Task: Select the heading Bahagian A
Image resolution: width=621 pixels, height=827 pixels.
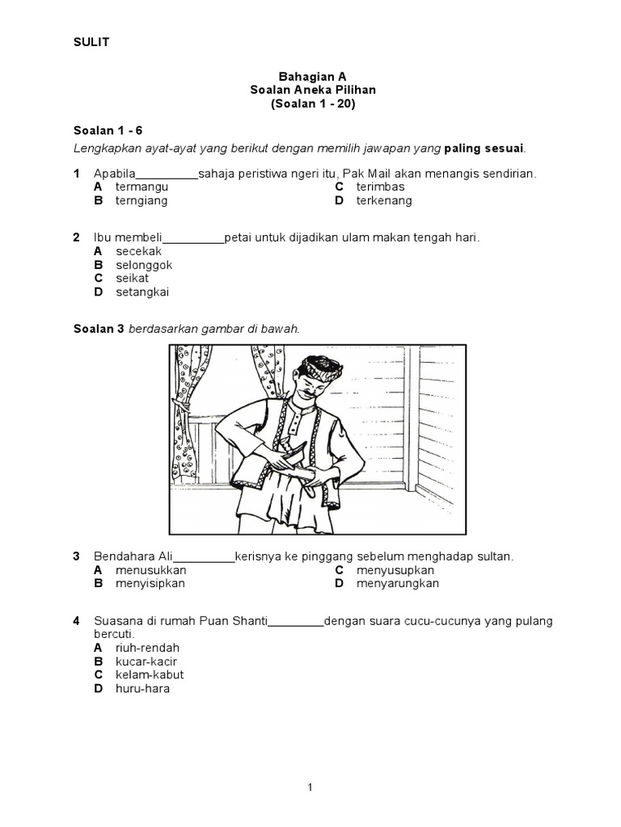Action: point(312,76)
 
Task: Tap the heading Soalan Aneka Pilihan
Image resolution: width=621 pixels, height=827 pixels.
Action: point(312,90)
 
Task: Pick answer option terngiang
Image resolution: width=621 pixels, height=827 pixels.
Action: point(142,200)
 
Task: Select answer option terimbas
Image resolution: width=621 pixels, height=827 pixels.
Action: point(380,187)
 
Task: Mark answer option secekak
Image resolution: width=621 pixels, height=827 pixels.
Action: point(138,251)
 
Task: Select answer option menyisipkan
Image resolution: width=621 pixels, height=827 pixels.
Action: point(150,583)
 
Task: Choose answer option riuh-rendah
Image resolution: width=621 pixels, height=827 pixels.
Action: point(147,648)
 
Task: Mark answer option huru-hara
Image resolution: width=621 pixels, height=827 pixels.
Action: point(142,689)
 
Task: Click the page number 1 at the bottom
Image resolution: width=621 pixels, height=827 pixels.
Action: point(310,787)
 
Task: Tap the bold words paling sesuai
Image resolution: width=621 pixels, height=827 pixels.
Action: point(484,148)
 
